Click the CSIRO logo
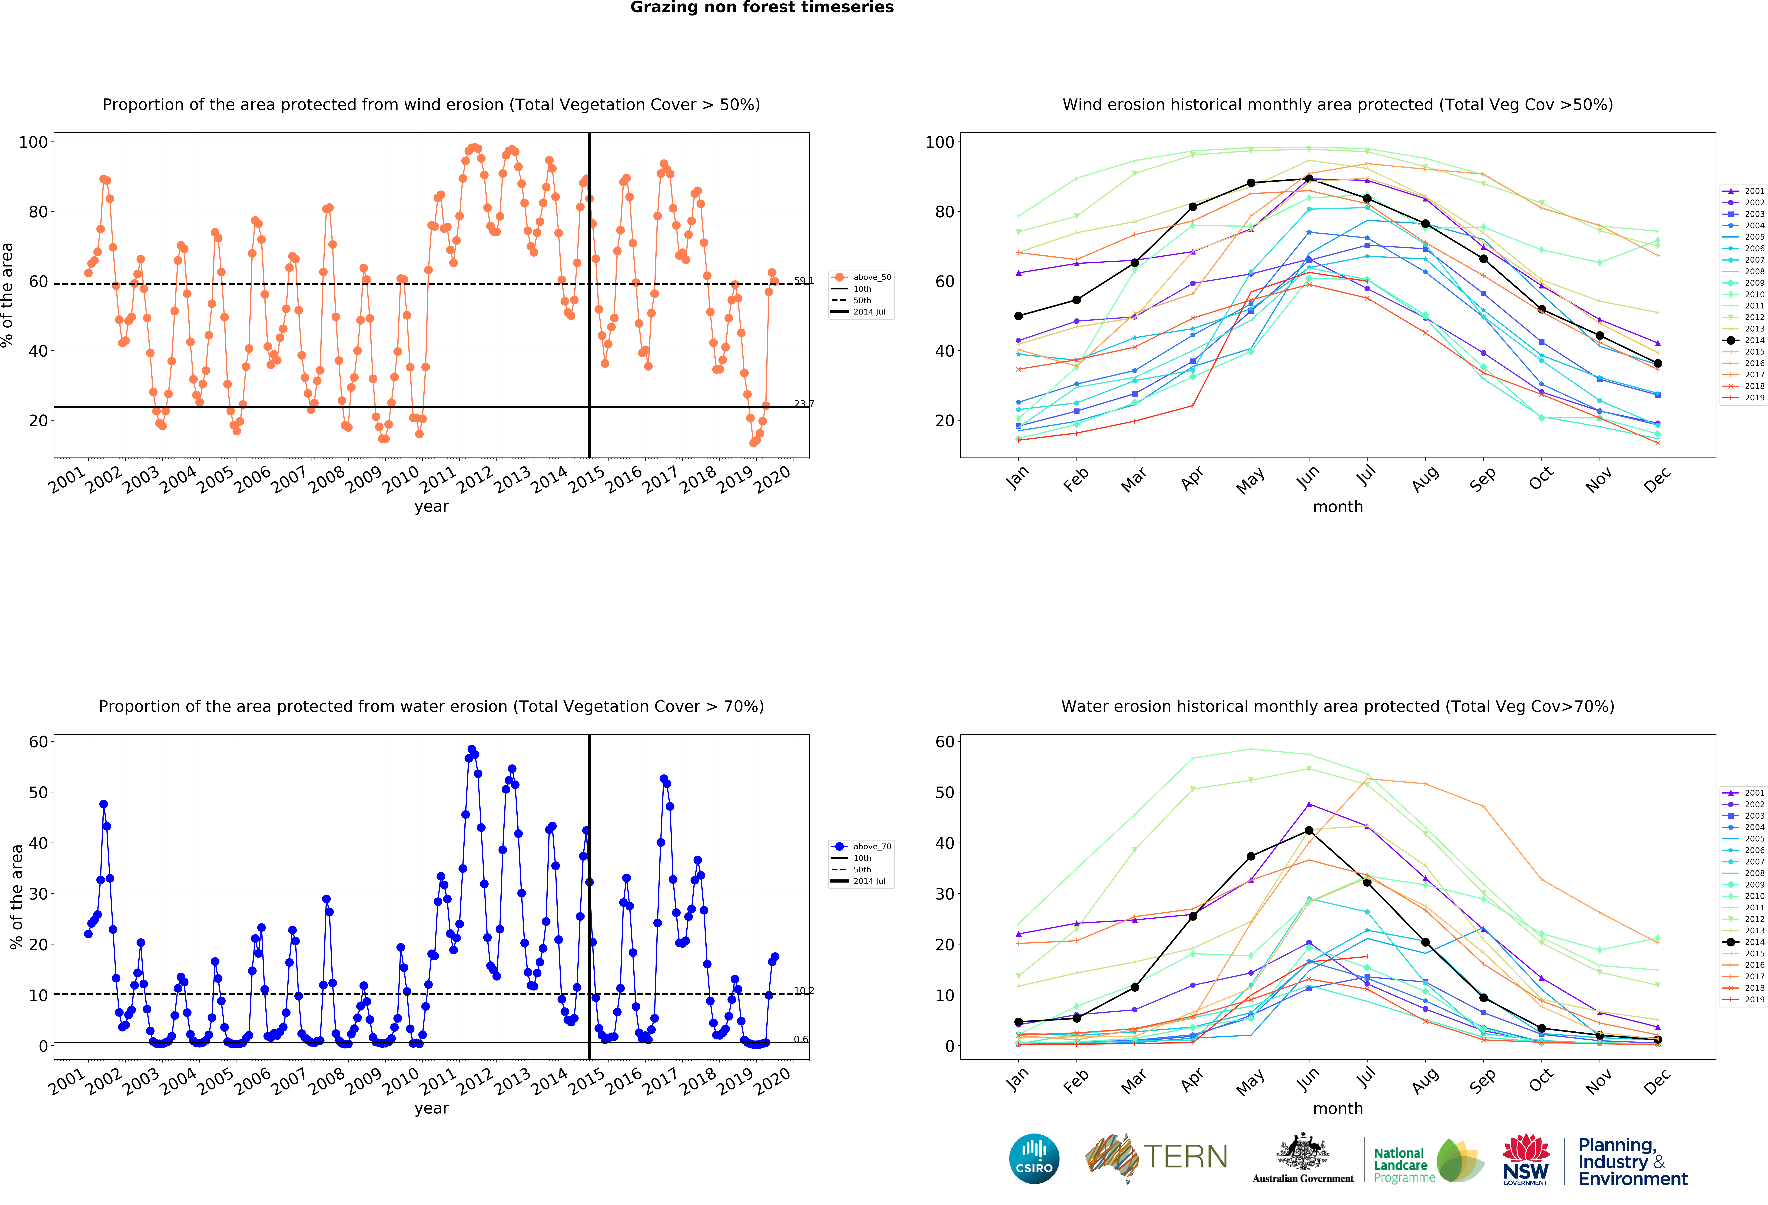coord(1034,1159)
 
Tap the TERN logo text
coord(1185,1157)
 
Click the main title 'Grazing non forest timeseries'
coord(761,8)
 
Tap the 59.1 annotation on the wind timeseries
coord(803,281)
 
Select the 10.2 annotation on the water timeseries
coord(803,990)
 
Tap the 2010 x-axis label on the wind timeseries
coord(401,479)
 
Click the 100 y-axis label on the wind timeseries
coord(33,142)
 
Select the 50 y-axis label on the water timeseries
coord(38,792)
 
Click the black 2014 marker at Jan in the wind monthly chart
coord(1019,316)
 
